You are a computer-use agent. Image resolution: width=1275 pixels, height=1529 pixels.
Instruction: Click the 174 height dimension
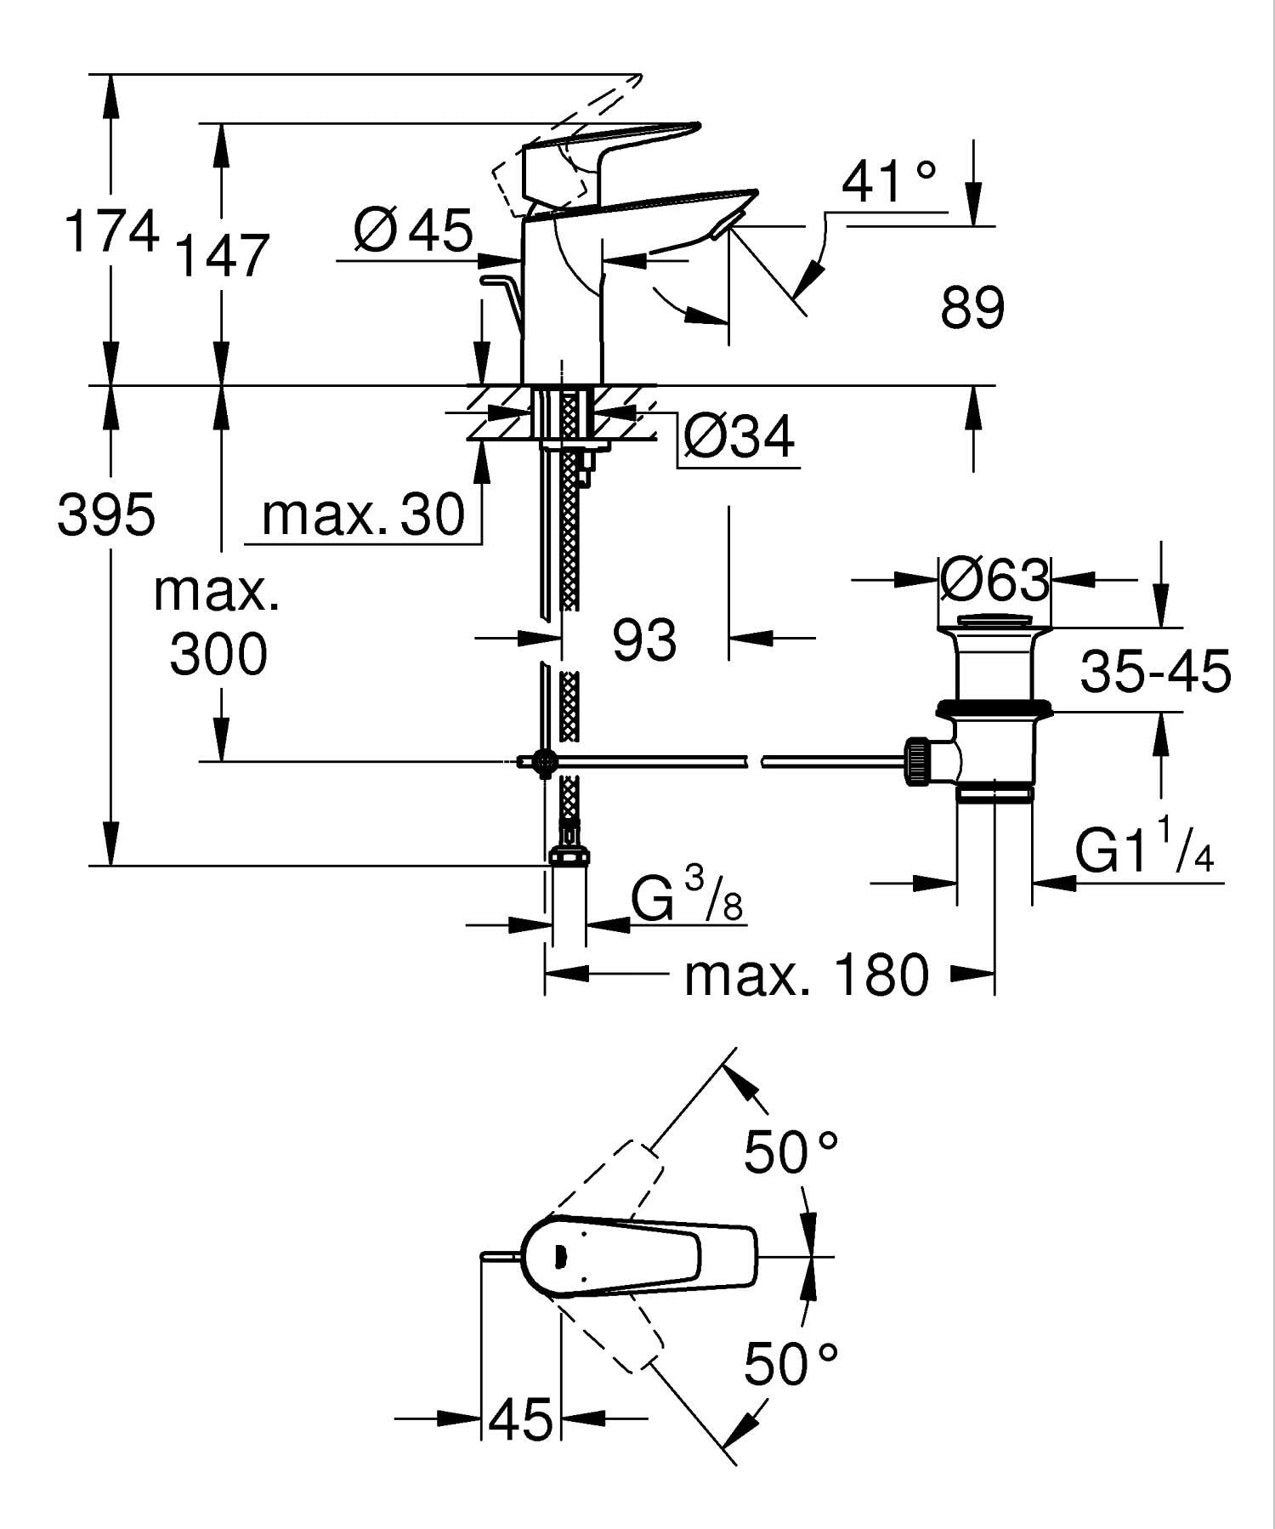point(111,230)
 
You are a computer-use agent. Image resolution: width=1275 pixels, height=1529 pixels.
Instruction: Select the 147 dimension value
point(222,255)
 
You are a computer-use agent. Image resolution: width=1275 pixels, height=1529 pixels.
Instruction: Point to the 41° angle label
point(889,180)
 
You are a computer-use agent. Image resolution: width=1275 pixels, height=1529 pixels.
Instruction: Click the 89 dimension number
point(972,307)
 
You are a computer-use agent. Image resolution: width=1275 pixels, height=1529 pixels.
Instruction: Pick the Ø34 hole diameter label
point(739,436)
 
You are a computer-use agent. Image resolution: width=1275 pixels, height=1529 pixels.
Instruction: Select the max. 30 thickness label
point(364,514)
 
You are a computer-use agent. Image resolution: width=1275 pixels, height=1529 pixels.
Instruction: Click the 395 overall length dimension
point(106,514)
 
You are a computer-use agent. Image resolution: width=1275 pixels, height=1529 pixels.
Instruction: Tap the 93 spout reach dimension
point(644,639)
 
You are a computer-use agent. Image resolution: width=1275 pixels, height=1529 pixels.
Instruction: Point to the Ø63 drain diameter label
point(995,581)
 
